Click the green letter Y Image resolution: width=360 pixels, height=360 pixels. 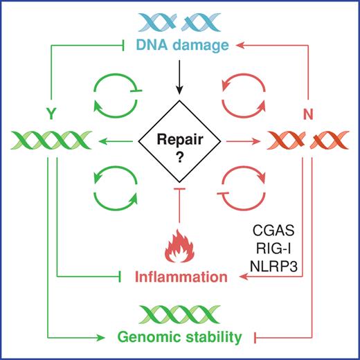[51, 109]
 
